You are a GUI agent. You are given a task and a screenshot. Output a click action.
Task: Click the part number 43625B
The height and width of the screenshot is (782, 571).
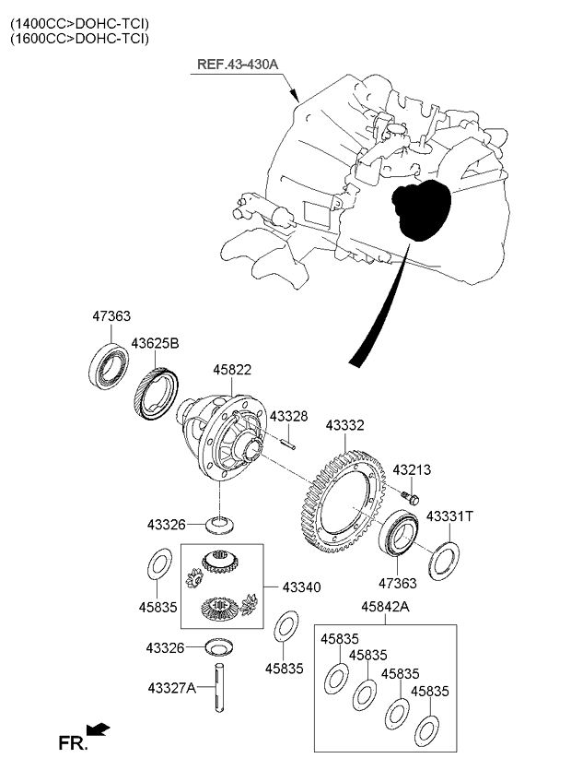pyautogui.click(x=154, y=343)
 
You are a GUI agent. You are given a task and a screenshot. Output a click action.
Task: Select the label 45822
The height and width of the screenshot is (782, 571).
pyautogui.click(x=232, y=370)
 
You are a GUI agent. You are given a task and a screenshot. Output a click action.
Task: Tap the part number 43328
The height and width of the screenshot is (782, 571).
pyautogui.click(x=288, y=417)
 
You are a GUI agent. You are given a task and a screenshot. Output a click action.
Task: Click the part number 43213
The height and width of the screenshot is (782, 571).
pyautogui.click(x=412, y=470)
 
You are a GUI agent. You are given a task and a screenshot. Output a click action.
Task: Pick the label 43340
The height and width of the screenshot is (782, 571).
pyautogui.click(x=301, y=586)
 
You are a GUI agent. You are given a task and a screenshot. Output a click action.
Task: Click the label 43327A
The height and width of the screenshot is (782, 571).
pyautogui.click(x=171, y=687)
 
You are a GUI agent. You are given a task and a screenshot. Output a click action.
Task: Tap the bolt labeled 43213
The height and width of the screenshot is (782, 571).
pyautogui.click(x=411, y=498)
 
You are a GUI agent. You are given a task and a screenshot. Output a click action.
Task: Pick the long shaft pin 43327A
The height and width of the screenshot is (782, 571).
pyautogui.click(x=221, y=689)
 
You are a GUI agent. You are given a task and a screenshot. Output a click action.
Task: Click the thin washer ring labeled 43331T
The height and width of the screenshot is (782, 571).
pyautogui.click(x=444, y=560)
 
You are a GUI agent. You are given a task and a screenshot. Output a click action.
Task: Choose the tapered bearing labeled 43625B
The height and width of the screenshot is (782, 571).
pyautogui.click(x=157, y=395)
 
